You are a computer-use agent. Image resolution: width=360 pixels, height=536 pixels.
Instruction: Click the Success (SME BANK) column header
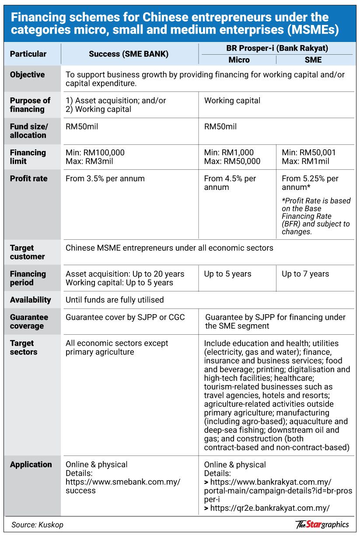pyautogui.click(x=129, y=54)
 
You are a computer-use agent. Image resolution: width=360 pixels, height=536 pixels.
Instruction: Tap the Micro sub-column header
pyautogui.click(x=239, y=60)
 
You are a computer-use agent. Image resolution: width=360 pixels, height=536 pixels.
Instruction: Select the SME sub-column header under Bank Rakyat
pyautogui.click(x=314, y=60)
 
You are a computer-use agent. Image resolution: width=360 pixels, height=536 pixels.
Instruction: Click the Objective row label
pyautogui.click(x=27, y=75)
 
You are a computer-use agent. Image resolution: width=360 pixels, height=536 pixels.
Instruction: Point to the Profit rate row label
pyautogui.click(x=28, y=179)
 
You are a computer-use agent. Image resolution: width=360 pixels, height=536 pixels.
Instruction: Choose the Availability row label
pyautogui.click(x=31, y=300)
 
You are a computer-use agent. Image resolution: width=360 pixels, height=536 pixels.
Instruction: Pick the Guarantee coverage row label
pyautogui.click(x=29, y=322)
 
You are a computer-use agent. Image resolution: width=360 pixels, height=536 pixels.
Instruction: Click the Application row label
pyautogui.click(x=31, y=464)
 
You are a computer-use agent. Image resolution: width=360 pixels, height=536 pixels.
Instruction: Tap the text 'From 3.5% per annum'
pyautogui.click(x=105, y=179)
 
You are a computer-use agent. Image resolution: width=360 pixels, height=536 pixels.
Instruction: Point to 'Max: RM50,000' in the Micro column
pyautogui.click(x=232, y=161)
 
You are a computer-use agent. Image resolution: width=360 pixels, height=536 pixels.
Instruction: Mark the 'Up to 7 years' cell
pyautogui.click(x=305, y=274)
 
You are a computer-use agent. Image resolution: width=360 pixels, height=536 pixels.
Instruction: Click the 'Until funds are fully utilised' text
pyautogui.click(x=115, y=300)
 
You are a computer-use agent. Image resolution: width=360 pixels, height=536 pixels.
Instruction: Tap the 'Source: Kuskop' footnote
pyautogui.click(x=38, y=525)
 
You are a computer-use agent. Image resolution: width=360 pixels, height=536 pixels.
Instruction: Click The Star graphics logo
pyautogui.click(x=322, y=524)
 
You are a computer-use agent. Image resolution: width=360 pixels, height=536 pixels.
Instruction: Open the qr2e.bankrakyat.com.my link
pyautogui.click(x=269, y=508)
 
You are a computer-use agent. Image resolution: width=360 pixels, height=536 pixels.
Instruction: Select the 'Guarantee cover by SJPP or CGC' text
pyautogui.click(x=125, y=317)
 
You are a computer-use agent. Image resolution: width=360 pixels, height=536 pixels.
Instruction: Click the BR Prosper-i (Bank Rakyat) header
pyautogui.click(x=277, y=48)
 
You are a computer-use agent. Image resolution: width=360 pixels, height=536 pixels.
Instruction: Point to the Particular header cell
pyautogui.click(x=28, y=54)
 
